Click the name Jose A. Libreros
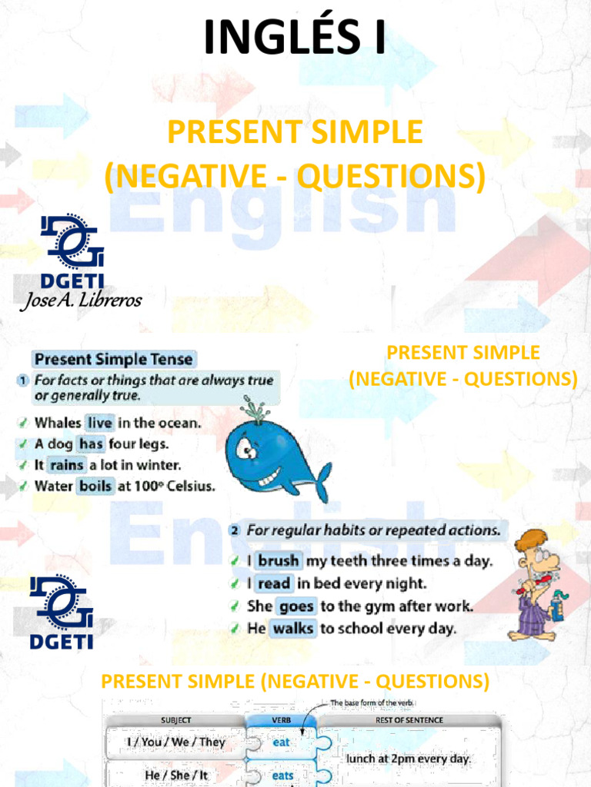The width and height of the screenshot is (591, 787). pos(81,301)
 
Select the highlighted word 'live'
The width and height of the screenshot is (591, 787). pos(99,423)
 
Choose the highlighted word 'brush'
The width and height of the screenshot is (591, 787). pos(278,561)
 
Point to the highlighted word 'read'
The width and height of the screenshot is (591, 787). pos(273,583)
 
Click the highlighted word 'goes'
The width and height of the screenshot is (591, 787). pos(295,606)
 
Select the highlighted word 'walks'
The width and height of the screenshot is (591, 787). pos(292,629)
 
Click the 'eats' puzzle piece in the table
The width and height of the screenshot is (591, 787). pos(282,775)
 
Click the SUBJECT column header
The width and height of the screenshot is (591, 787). pos(175,720)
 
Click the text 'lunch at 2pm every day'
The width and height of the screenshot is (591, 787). pos(408,759)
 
